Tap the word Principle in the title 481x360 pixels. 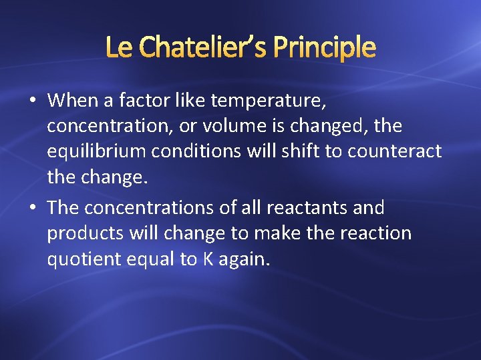coord(325,47)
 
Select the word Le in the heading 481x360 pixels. coord(120,47)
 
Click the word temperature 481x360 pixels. coord(269,101)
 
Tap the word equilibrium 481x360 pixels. coord(97,152)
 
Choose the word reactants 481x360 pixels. coord(307,208)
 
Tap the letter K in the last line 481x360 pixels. coord(208,259)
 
